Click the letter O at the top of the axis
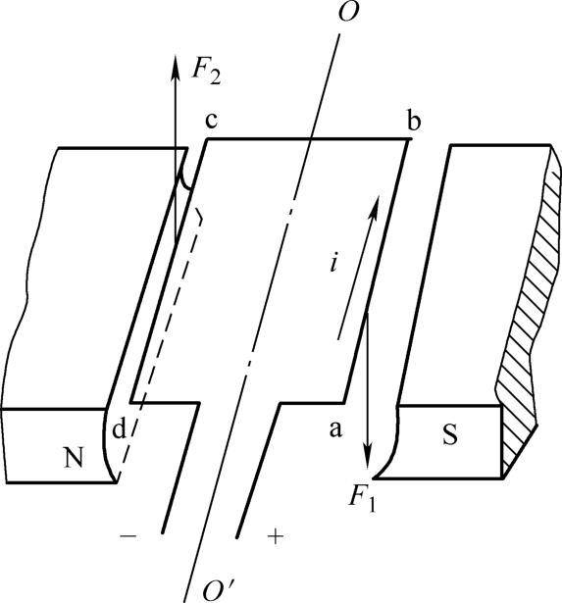coord(348,12)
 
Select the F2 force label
coord(206,72)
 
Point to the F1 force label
coord(362,499)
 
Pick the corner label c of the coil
coord(211,120)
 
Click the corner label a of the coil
coord(335,429)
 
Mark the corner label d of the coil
coord(120,428)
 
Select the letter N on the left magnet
coord(73,458)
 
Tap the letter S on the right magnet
coord(449,435)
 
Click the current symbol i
coord(334,264)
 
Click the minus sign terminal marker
coord(128,535)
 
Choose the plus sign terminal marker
coord(276,536)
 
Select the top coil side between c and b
coord(308,139)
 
